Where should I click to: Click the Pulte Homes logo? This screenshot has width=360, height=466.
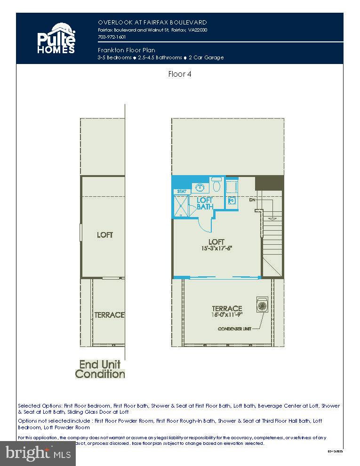click(x=56, y=38)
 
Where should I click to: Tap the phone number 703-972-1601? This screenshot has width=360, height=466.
click(x=112, y=37)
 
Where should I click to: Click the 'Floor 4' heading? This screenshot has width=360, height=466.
click(x=180, y=74)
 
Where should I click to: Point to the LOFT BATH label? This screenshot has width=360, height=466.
click(x=205, y=203)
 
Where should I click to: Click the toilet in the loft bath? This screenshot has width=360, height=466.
click(x=216, y=184)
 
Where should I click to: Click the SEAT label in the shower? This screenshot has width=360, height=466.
click(x=182, y=192)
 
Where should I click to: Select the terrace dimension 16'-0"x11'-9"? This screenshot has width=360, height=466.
click(x=227, y=315)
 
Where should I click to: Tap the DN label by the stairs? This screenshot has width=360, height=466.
click(x=252, y=200)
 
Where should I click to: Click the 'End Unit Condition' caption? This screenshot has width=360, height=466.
click(x=100, y=369)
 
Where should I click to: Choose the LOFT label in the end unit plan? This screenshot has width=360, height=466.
click(x=105, y=234)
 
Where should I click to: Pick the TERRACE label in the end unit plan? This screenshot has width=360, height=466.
click(x=109, y=315)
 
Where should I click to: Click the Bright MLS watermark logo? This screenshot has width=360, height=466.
click(x=38, y=453)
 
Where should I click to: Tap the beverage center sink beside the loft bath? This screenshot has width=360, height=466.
click(x=232, y=200)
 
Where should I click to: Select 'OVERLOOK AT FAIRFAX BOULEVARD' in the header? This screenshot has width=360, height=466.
click(x=152, y=22)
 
